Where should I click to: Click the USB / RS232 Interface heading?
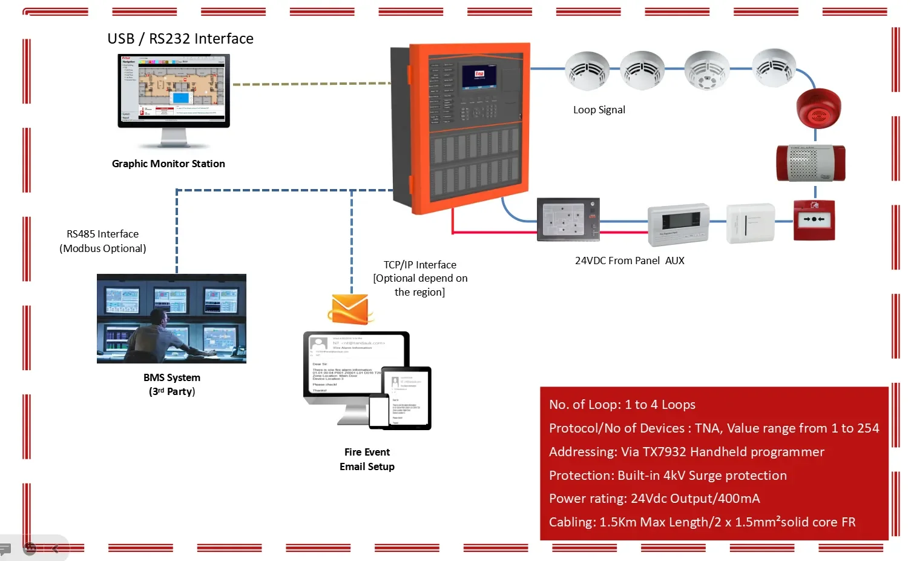point(180,39)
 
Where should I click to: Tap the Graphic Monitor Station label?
point(168,164)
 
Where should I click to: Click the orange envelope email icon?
point(350,310)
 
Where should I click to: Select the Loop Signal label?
point(599,110)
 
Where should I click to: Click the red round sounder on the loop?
point(818,108)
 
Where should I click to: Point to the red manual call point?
point(814,220)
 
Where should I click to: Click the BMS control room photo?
point(171,319)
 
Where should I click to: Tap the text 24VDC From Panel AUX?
point(630,261)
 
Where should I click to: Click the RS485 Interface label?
point(103,234)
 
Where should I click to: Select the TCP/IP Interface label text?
point(420,265)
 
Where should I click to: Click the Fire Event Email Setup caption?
point(367,459)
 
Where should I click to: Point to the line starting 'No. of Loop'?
point(622,405)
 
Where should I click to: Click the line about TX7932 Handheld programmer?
point(686,452)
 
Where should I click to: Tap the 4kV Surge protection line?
point(667,476)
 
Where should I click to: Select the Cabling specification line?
point(702,522)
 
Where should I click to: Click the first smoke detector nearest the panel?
point(587,71)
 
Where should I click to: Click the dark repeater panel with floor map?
point(568,219)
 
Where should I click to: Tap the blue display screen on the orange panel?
point(479,77)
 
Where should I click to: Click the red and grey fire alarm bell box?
point(811,163)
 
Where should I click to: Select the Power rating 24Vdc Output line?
point(654,499)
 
